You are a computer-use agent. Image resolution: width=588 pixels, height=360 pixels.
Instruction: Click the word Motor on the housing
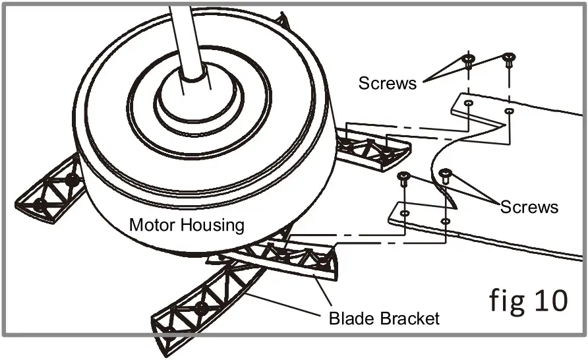point(150,225)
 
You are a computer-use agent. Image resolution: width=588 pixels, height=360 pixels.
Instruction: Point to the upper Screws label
point(388,83)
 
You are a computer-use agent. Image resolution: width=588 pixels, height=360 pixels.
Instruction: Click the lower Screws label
point(529,206)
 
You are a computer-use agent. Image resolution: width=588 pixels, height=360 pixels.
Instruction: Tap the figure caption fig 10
point(528,300)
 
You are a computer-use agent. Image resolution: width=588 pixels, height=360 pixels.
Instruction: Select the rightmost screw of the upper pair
point(509,60)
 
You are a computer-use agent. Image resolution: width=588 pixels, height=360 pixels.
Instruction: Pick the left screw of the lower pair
point(405,177)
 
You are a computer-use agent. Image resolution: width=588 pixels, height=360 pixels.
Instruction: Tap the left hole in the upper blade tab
point(468,104)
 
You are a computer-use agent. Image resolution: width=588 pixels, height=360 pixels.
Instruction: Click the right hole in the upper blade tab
point(509,112)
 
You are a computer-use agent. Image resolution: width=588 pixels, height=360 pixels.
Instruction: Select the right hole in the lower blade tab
point(446,222)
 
